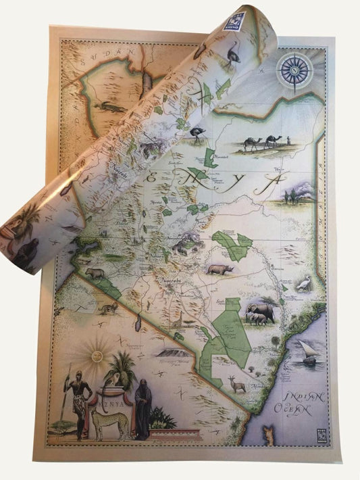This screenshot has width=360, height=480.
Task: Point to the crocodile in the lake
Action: [108, 107]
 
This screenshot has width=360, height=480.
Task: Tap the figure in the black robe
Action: [143, 408]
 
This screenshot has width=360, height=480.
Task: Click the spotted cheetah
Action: [109, 423]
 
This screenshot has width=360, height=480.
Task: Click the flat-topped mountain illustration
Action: [168, 352]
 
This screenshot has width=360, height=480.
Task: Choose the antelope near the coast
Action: [236, 384]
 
